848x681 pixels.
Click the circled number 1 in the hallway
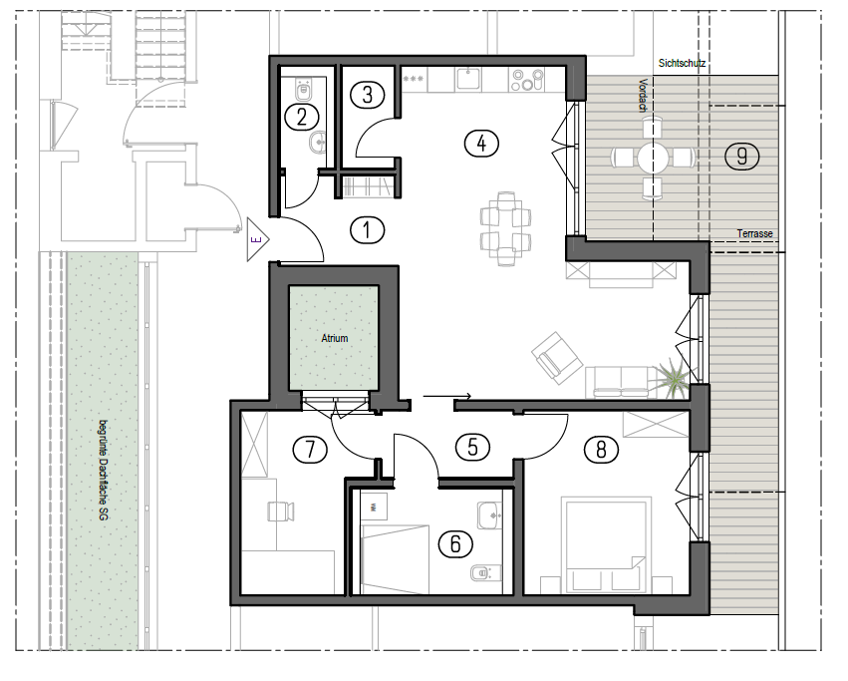coord(368,230)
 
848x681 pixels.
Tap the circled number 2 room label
coord(302,117)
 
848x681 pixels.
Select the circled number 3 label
coord(368,95)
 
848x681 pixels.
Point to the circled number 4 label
coord(481,144)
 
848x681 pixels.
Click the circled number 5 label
coord(472,447)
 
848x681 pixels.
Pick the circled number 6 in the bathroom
coord(455,543)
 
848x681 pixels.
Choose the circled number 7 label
coord(310,450)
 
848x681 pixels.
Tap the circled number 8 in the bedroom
coord(601,450)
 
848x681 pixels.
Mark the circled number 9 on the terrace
coord(742,157)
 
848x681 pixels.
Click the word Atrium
coord(334,338)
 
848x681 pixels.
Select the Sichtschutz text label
coord(682,64)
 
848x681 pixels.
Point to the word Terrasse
coord(754,233)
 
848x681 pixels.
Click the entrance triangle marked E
coord(256,240)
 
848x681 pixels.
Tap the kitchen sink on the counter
coord(468,78)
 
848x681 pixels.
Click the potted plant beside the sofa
coord(672,377)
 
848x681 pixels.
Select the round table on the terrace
coord(653,158)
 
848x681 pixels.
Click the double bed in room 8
coord(606,545)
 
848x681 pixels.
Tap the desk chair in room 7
coord(281,511)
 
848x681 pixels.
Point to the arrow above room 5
coord(446,396)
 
